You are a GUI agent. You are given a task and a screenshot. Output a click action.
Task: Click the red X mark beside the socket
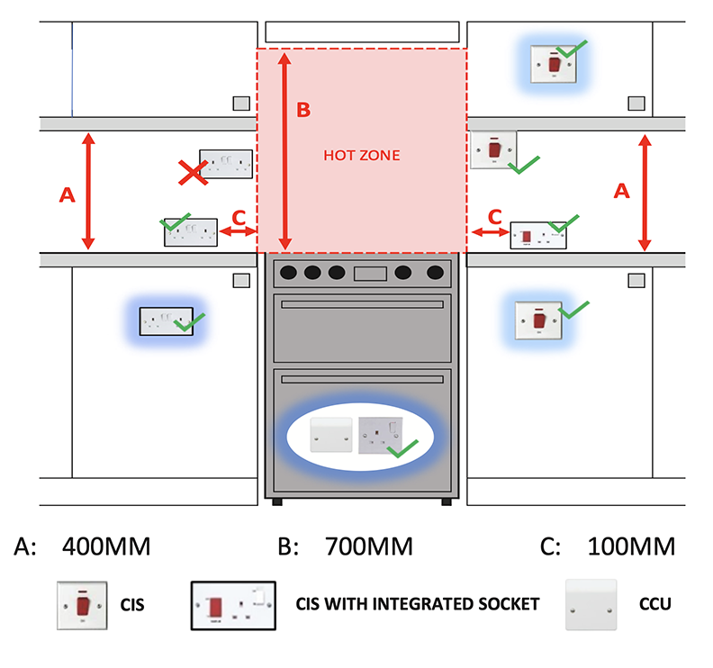coord(190,172)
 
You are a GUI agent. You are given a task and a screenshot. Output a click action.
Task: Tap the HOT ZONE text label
coord(361,156)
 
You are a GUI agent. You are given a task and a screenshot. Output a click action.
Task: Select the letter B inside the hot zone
coord(303,110)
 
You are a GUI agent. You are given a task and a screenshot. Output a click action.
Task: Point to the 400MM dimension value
coord(105,546)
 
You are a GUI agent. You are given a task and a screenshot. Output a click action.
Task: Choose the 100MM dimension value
coord(631,546)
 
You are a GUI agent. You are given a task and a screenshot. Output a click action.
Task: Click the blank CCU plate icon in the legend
coord(591,605)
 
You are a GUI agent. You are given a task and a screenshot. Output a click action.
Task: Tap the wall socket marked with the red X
coord(226,163)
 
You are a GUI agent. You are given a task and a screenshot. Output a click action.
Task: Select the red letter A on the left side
coord(66,193)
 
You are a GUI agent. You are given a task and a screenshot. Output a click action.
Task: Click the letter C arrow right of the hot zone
coord(492,232)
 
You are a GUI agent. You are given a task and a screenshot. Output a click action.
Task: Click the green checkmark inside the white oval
coord(406,447)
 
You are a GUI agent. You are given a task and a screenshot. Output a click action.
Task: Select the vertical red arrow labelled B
coord(285,151)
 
